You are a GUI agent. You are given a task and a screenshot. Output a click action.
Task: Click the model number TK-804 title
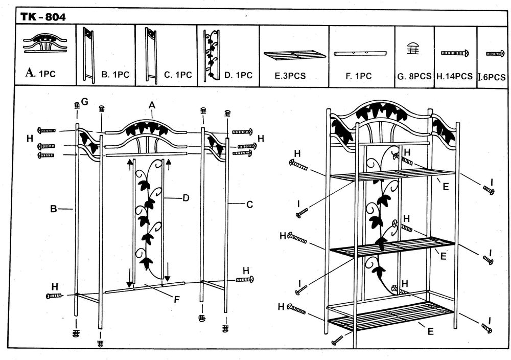(43, 17)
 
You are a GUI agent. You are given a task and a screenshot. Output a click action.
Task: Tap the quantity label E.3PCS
(290, 76)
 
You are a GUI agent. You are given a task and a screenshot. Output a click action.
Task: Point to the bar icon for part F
(361, 54)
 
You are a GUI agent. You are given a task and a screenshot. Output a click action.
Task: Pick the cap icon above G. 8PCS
(414, 49)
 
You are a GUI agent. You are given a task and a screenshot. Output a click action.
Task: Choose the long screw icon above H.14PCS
(455, 53)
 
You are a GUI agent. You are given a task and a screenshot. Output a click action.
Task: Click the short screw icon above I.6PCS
(495, 53)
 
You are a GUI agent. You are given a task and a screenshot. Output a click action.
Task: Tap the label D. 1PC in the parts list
(238, 75)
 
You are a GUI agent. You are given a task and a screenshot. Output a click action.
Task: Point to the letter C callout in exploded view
(249, 205)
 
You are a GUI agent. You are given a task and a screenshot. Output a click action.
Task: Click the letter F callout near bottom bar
(176, 300)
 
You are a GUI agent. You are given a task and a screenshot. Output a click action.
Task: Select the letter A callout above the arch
(152, 105)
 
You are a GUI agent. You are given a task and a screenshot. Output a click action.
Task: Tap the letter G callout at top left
(85, 102)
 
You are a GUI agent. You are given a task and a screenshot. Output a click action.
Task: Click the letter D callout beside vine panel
(186, 197)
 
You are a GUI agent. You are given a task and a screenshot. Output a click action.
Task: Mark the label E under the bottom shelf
(430, 331)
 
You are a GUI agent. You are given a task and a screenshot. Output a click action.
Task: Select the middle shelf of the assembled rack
(391, 247)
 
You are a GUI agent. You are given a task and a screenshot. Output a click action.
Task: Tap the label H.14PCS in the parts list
(454, 76)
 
